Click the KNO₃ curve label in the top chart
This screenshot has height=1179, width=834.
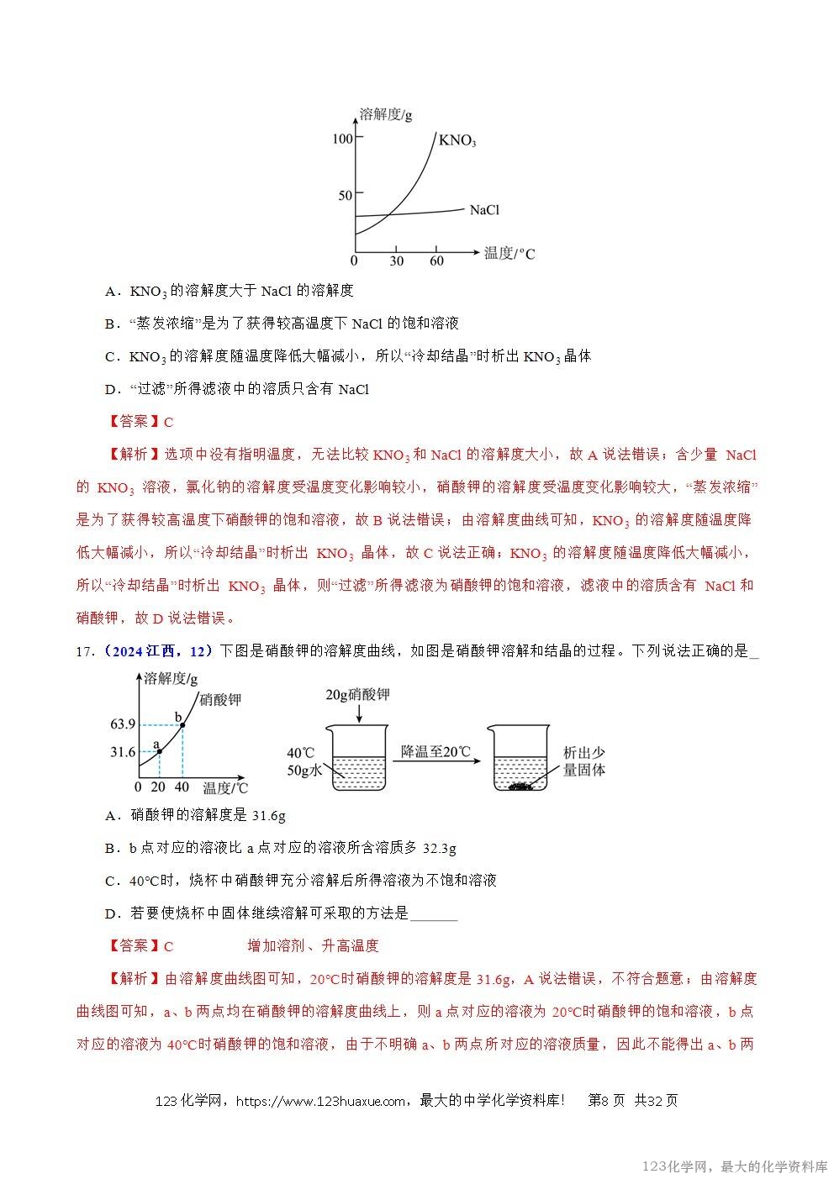[457, 140]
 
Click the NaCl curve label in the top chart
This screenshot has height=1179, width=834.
[484, 210]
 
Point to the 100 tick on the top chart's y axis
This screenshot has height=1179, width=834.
[342, 139]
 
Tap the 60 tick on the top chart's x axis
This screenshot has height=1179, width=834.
[436, 261]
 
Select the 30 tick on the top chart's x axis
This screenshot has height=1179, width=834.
[396, 261]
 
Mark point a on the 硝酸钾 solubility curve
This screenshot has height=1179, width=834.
[159, 751]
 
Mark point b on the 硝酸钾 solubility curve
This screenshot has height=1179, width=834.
[182, 724]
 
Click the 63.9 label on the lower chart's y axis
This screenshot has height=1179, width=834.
[123, 724]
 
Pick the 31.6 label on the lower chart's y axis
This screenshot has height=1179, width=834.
[123, 752]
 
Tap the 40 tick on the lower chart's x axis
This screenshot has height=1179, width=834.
[182, 787]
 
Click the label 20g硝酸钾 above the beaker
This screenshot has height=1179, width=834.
[357, 694]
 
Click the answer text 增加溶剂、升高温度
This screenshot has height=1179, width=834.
[313, 945]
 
